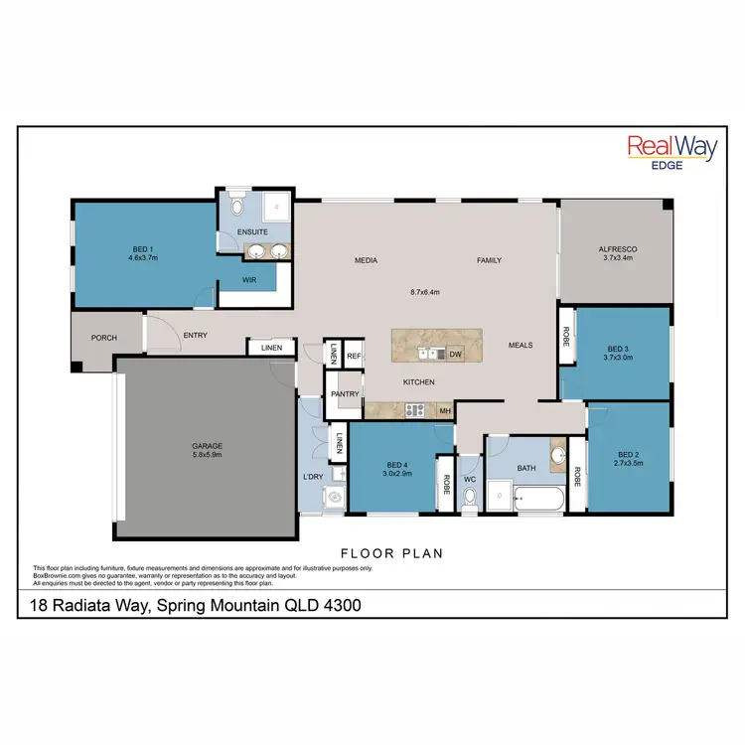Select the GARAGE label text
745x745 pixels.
207,446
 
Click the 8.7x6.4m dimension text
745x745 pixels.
424,292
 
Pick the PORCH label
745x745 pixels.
103,338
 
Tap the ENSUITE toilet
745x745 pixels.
235,207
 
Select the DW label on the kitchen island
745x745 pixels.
455,354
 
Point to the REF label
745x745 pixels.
354,355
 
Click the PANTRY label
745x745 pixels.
345,393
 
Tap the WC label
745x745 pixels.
470,480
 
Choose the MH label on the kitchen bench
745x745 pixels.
445,409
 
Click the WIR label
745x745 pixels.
251,280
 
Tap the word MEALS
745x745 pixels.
521,346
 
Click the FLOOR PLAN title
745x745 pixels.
391,553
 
